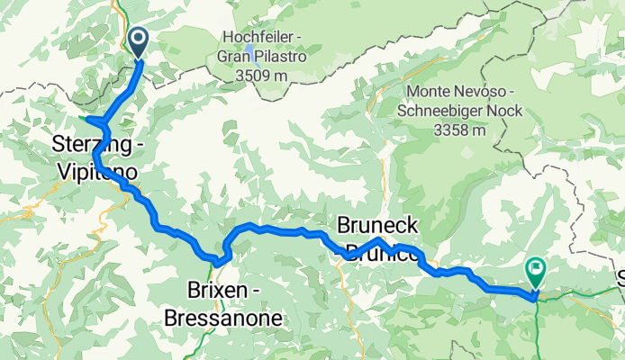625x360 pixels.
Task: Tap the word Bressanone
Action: tap(222, 318)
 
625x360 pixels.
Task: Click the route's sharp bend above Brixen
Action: tap(219, 260)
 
